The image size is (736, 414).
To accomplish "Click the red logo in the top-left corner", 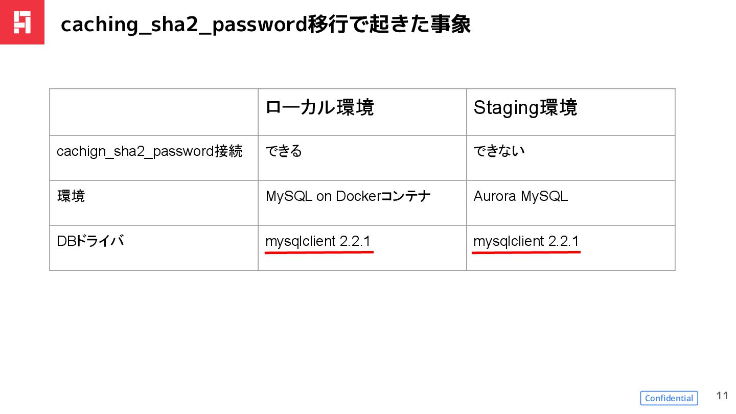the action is (x=22, y=22).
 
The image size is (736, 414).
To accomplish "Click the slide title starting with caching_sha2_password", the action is (x=265, y=25).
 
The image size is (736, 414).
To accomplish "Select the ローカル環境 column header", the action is (x=320, y=108).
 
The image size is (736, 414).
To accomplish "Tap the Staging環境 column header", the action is (x=525, y=108).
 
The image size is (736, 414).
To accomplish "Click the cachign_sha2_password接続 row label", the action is (x=149, y=152).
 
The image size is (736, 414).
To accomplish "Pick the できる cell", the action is (x=284, y=152).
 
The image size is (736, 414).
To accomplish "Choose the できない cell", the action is (x=499, y=152).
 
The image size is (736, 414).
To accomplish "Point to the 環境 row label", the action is (x=71, y=196).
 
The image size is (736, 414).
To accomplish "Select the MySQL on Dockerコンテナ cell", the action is (x=348, y=196).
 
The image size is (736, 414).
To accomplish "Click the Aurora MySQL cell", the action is (x=520, y=196).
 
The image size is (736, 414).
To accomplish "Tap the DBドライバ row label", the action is (x=90, y=241).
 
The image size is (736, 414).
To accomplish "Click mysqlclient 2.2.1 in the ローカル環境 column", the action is (x=318, y=241).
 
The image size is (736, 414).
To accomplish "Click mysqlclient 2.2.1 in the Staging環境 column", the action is (x=526, y=241).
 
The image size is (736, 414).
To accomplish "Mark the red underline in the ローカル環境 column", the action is (x=319, y=252).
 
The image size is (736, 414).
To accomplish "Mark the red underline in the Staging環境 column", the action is (x=526, y=252).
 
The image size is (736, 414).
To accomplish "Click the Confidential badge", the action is (x=669, y=398).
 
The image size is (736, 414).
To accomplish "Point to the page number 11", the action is (x=722, y=396).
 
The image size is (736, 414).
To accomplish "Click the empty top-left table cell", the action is (x=154, y=112).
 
